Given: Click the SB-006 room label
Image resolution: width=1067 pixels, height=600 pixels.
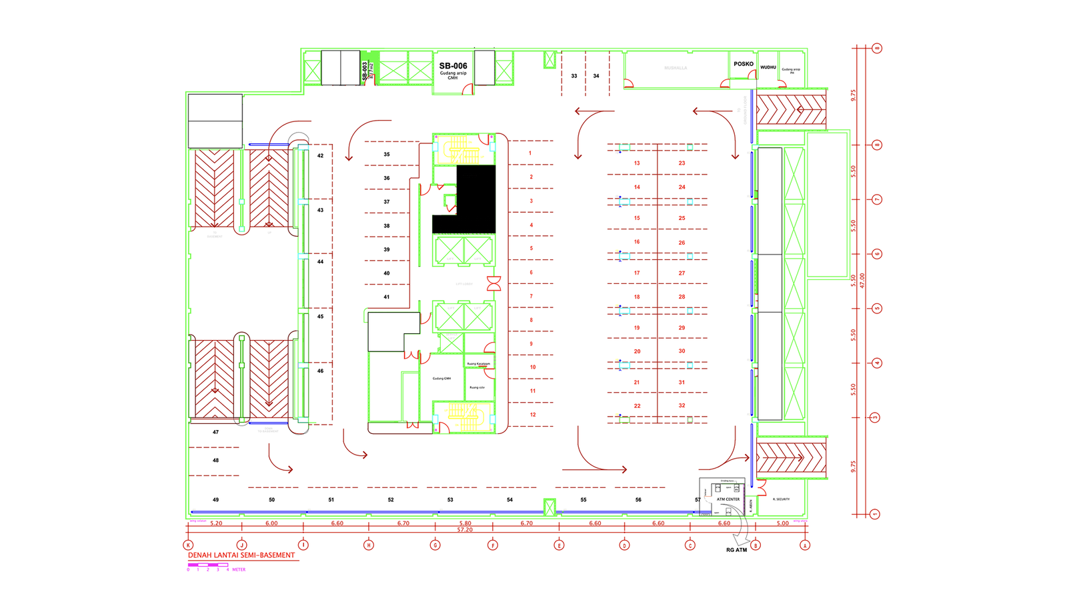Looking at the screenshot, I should [453, 66].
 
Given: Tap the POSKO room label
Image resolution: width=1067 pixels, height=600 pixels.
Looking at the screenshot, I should [744, 64].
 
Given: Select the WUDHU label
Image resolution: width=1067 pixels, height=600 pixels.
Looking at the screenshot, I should [768, 67].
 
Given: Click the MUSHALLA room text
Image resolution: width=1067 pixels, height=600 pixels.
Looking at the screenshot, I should [676, 68].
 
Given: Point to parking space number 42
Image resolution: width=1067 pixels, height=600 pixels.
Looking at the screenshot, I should [321, 156].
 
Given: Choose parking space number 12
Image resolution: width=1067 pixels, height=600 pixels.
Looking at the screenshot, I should [533, 415].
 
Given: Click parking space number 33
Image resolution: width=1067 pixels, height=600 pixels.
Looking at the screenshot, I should [574, 76].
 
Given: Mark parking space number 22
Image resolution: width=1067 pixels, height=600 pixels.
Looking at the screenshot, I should [637, 406].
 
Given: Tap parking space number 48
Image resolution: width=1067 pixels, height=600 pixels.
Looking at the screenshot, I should [215, 461].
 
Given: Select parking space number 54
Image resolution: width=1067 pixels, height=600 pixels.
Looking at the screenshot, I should [509, 500].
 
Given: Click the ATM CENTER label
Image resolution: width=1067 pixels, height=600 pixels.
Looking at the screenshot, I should [728, 499].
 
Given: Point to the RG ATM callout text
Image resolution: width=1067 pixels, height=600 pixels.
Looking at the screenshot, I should [736, 550].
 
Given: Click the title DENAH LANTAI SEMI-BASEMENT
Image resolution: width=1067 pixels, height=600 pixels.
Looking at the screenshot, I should [241, 555].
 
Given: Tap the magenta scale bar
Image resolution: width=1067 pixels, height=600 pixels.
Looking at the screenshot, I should [208, 565].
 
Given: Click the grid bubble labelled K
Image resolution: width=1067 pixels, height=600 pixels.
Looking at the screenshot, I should [189, 545].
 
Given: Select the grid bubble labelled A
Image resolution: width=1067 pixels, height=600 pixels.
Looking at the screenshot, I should [805, 545].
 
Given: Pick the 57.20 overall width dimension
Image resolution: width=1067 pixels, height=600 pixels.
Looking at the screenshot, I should [465, 530].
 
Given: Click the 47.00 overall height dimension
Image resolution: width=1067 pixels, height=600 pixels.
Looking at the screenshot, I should [862, 280].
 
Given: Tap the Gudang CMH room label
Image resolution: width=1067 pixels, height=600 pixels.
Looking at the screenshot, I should [441, 379].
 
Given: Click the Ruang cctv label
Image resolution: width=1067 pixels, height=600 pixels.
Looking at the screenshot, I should [477, 387].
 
